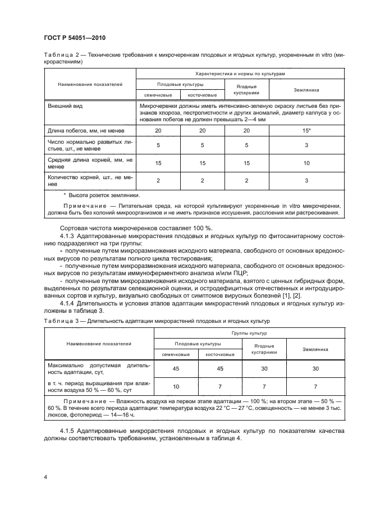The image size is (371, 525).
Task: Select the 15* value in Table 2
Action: coord(306,130)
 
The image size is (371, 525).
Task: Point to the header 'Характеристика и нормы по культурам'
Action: coord(240,74)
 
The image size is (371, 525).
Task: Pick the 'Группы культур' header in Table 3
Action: coord(249,333)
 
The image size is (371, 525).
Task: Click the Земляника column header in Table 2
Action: coord(306,89)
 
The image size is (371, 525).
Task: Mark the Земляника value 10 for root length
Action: coord(306,163)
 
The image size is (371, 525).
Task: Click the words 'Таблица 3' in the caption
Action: coord(56,321)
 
